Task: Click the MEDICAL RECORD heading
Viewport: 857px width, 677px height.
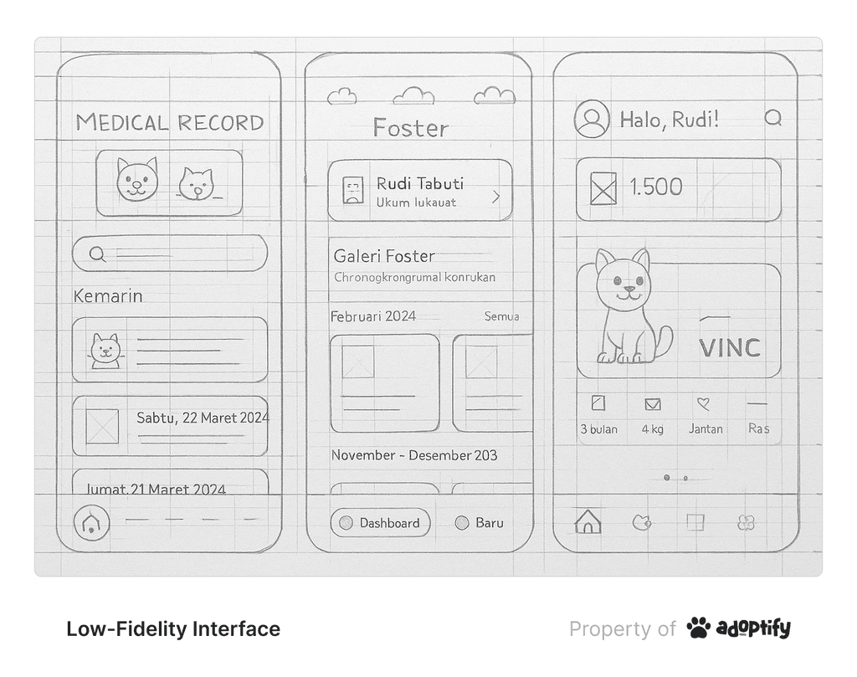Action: tap(170, 123)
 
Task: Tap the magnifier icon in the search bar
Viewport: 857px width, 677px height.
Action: tap(97, 254)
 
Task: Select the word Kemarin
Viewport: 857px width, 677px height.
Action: tap(108, 296)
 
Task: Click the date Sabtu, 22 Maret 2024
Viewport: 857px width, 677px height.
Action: tap(203, 418)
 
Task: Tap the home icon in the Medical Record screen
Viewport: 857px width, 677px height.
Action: tap(90, 523)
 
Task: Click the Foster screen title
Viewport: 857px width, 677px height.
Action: tap(410, 128)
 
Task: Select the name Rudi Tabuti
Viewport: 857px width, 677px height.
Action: tap(419, 184)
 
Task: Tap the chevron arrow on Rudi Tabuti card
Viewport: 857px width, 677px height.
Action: tap(495, 197)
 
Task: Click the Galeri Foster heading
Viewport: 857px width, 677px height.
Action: tap(384, 256)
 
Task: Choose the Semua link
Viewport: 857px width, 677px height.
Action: tap(501, 316)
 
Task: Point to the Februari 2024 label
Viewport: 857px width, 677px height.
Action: tap(373, 316)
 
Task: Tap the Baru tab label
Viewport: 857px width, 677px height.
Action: tap(490, 523)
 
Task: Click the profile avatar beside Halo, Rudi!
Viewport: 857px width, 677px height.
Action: tap(592, 119)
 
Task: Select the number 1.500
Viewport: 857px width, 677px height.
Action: tap(655, 187)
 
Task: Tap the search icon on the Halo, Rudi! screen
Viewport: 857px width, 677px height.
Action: tap(773, 118)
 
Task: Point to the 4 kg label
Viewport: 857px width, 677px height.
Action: tap(653, 429)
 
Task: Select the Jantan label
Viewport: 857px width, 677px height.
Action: tap(706, 429)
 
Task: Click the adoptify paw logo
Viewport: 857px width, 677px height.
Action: tap(698, 628)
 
